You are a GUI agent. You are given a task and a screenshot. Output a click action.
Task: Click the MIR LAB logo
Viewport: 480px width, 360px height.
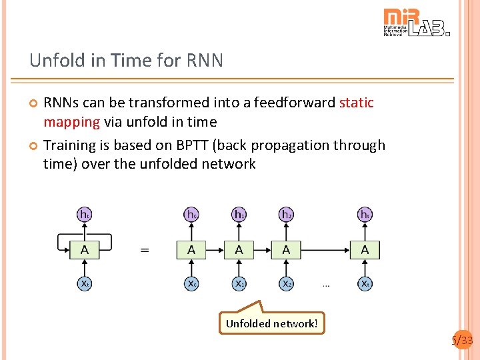click(x=417, y=22)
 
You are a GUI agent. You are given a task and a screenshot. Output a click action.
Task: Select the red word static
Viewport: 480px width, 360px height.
click(x=357, y=103)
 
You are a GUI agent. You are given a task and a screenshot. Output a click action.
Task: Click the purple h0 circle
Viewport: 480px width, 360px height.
click(x=191, y=215)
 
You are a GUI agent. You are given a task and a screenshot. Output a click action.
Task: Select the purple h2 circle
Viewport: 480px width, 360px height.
click(x=286, y=215)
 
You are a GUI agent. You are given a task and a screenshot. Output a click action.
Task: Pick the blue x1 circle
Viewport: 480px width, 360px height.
click(x=239, y=283)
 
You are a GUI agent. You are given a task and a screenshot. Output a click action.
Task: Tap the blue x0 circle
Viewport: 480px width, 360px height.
click(x=191, y=283)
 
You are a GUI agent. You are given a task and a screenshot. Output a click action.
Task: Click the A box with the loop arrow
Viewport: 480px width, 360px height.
click(x=85, y=250)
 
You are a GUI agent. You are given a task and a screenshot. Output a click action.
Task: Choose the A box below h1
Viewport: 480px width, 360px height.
click(x=239, y=250)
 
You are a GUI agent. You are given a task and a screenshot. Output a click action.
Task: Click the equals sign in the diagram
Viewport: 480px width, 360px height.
click(x=145, y=251)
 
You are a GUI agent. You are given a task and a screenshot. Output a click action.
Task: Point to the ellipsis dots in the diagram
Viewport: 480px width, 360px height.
click(x=326, y=285)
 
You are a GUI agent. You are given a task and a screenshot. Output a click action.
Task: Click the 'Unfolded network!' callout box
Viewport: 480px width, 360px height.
click(x=272, y=323)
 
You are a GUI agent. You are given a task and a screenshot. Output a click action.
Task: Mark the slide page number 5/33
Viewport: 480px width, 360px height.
click(x=462, y=341)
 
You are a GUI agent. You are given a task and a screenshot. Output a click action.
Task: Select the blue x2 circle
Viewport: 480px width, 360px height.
click(x=286, y=283)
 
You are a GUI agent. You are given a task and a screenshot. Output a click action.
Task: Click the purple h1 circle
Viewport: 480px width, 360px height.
click(x=239, y=215)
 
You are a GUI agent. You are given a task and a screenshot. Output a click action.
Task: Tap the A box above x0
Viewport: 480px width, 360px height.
click(x=191, y=250)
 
